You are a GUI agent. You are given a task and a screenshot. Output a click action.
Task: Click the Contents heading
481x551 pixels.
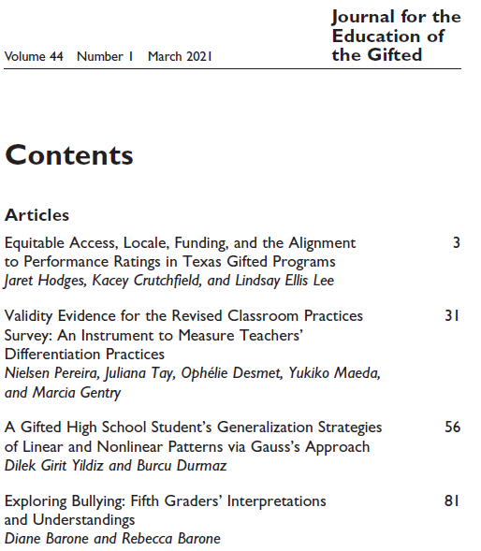(x=69, y=155)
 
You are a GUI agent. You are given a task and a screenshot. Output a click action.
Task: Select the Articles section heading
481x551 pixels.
(x=36, y=216)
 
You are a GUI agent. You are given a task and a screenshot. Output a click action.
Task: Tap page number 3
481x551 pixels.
(x=456, y=243)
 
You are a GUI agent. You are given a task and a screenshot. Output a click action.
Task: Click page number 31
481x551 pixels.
(x=452, y=316)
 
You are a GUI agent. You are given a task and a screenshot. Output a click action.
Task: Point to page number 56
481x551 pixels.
(x=452, y=427)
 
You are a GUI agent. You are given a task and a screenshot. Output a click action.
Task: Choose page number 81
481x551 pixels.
(x=452, y=500)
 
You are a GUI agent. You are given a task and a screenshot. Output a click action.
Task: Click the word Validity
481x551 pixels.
(x=31, y=316)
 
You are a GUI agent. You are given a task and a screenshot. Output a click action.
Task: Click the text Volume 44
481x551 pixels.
(x=34, y=57)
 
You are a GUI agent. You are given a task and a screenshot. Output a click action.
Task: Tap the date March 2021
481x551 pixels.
(x=181, y=57)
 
